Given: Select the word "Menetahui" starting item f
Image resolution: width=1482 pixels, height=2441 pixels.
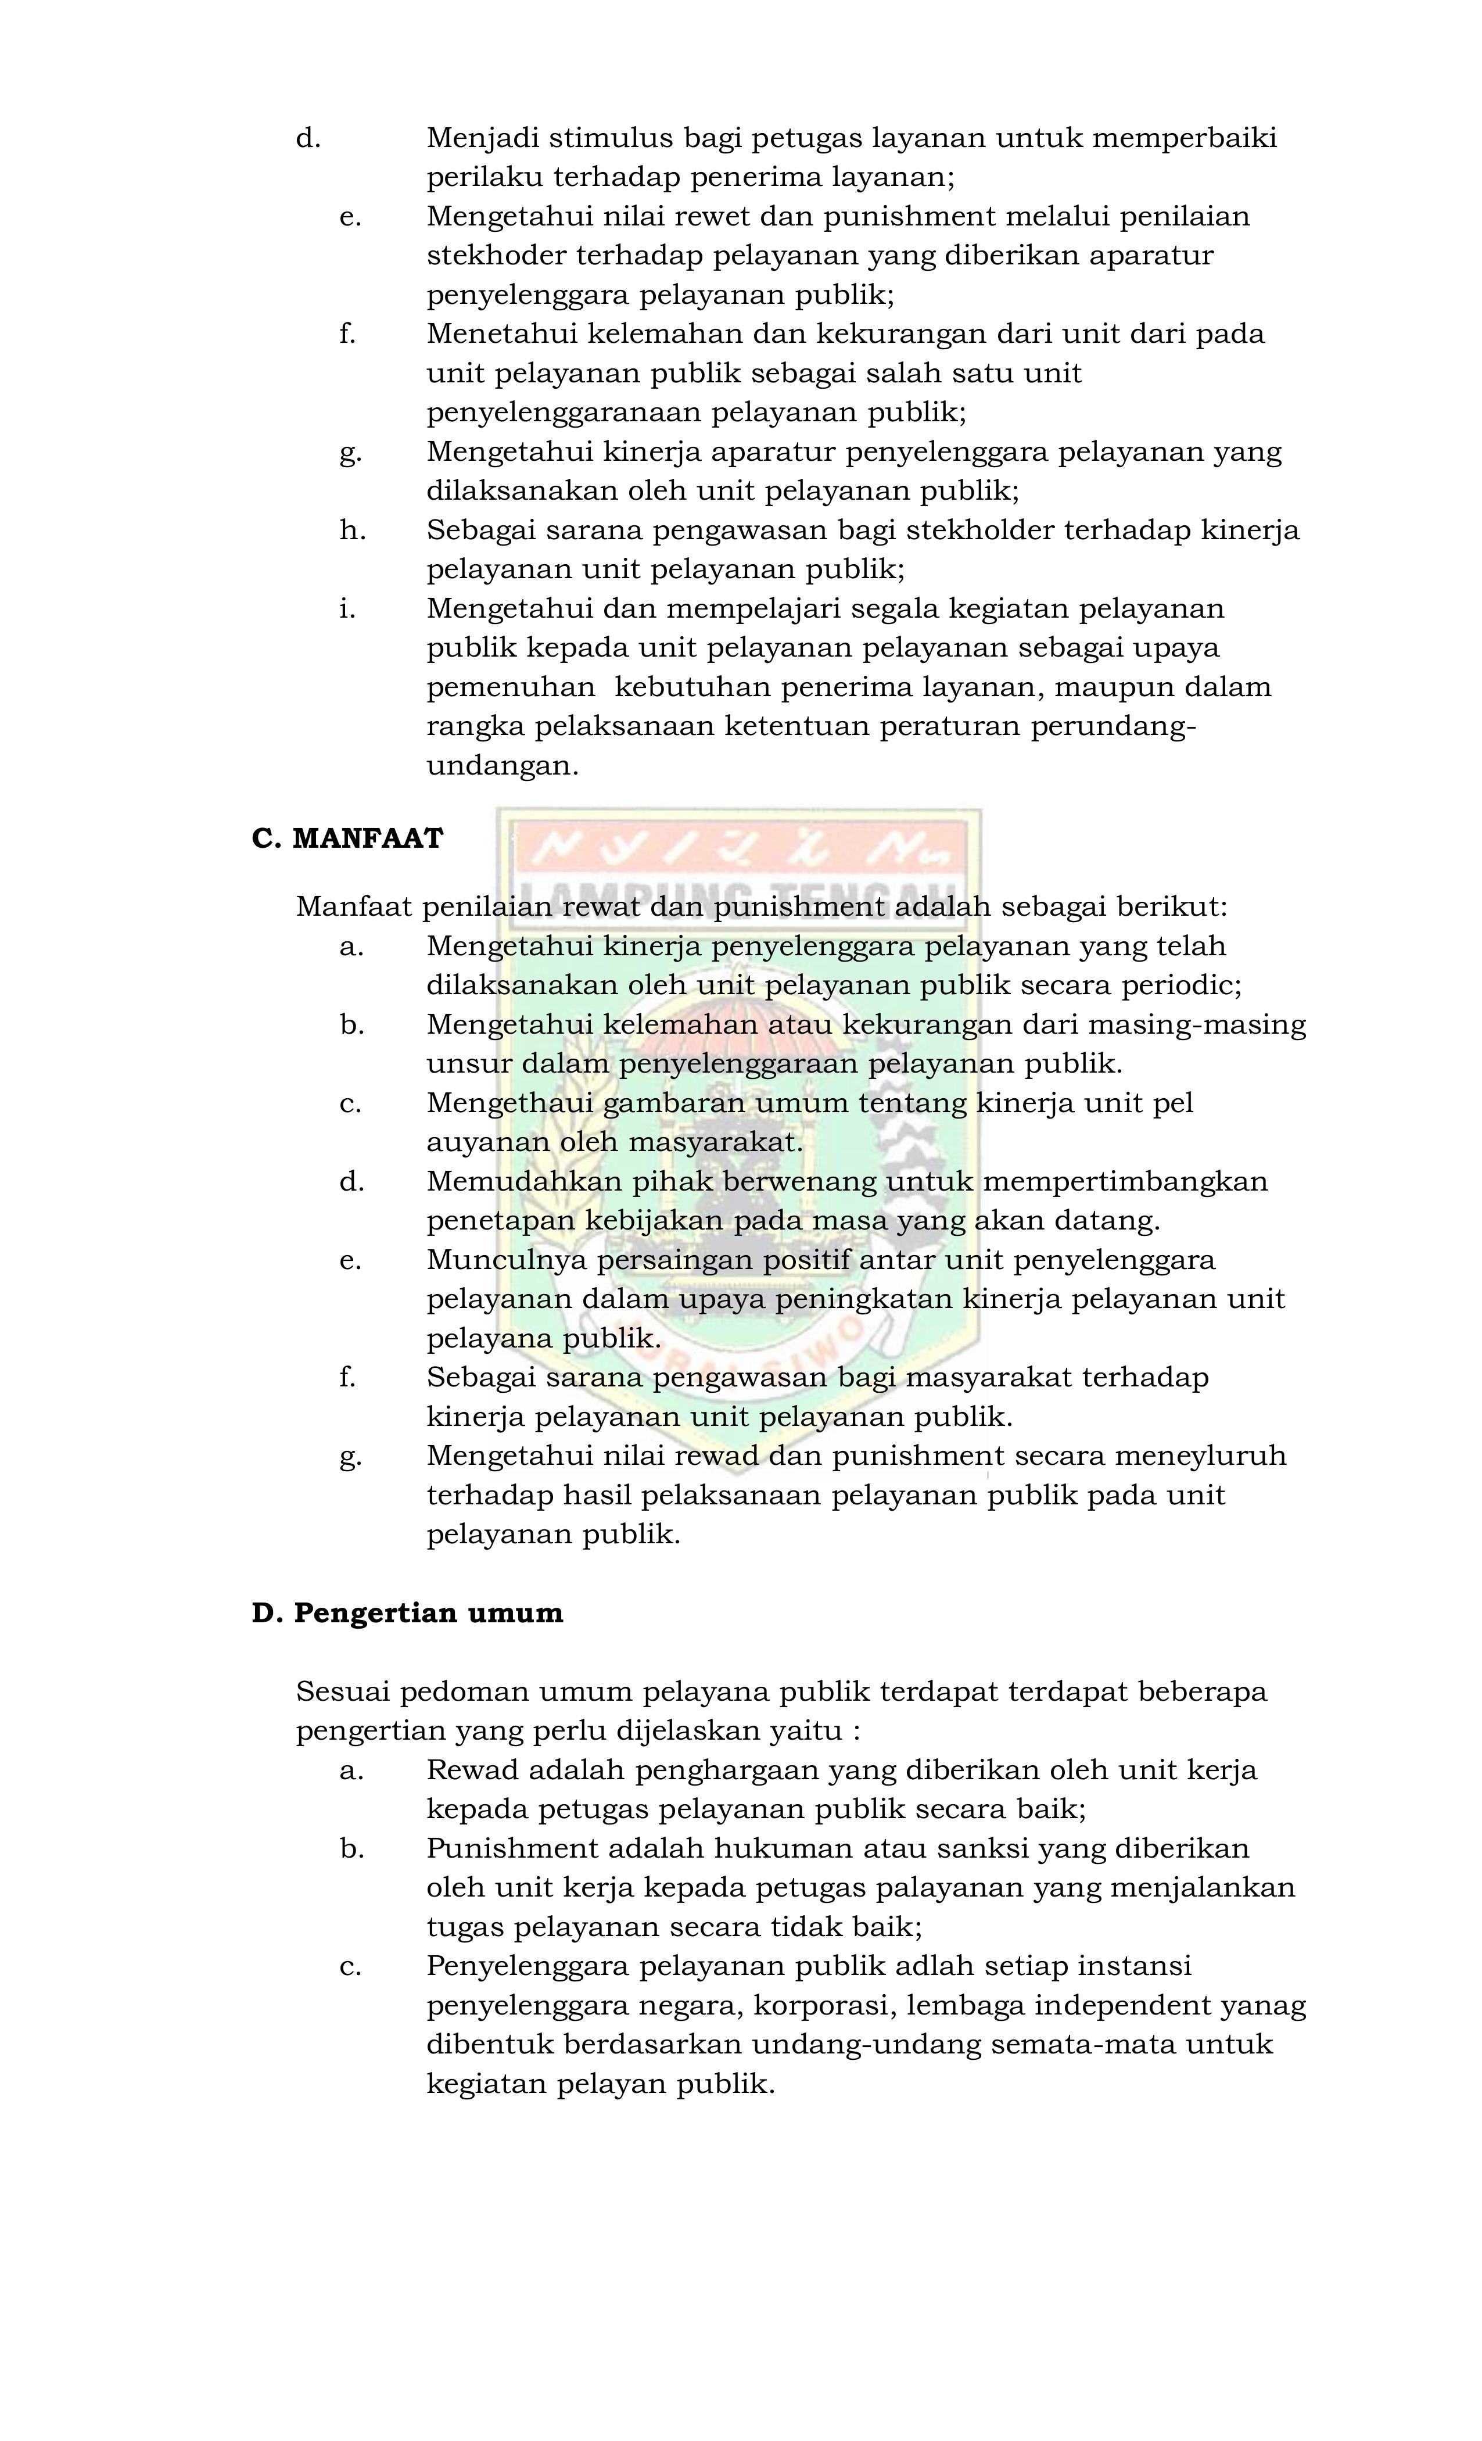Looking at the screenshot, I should click(x=501, y=334).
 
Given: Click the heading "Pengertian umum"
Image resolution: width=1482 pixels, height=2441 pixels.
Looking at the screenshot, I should click(x=428, y=1613).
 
